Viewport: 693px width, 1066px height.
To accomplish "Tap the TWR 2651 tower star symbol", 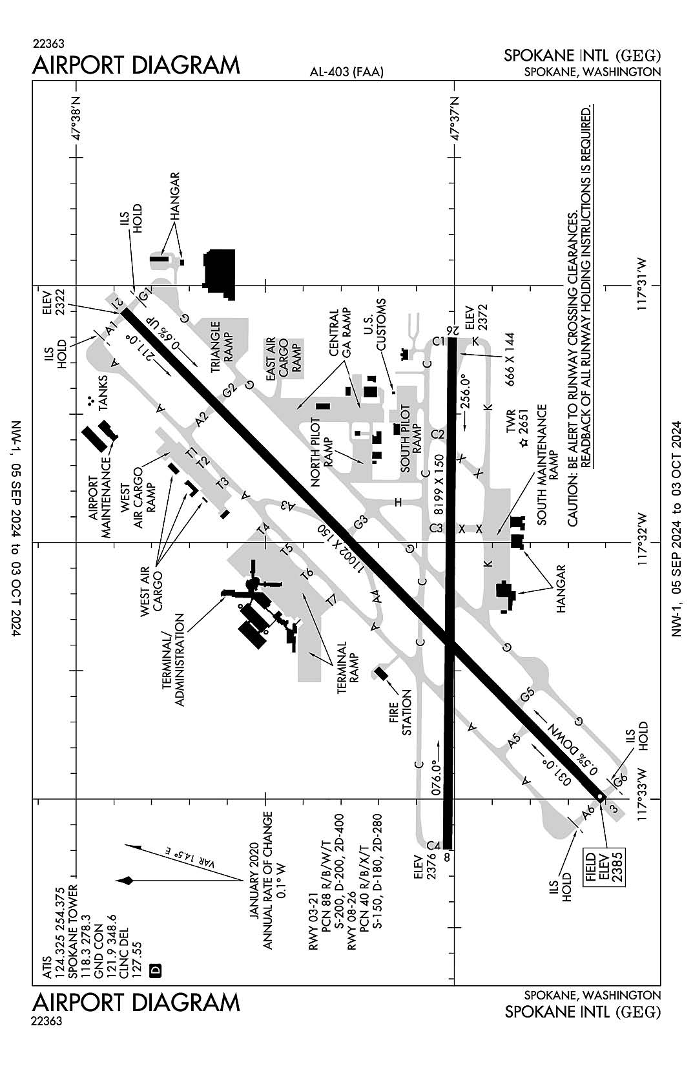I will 523,443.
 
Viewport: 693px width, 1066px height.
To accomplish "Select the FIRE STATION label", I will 400,712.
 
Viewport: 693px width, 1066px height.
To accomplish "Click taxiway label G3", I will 360,521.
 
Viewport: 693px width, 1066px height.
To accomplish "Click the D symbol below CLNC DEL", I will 155,970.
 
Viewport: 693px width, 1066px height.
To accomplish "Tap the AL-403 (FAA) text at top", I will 347,72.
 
